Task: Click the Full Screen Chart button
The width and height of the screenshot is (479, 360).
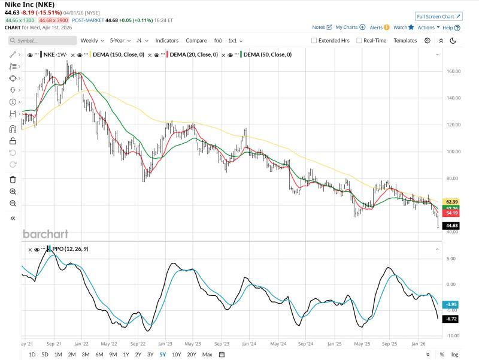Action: tap(438, 16)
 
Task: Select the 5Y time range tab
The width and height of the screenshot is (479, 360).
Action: tap(162, 355)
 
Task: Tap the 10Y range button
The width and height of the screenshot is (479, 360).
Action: tap(176, 355)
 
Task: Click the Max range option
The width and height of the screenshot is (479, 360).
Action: tap(207, 355)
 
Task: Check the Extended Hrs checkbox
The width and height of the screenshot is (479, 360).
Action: tap(314, 41)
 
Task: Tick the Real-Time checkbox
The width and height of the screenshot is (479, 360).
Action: tap(359, 41)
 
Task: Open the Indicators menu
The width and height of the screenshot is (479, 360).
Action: tap(167, 41)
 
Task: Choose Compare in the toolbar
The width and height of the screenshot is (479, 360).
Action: tap(196, 41)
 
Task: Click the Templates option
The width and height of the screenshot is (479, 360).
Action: tap(405, 41)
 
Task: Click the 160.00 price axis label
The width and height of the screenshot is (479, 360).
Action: tap(453, 71)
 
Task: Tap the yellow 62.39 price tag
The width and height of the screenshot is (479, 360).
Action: tap(452, 201)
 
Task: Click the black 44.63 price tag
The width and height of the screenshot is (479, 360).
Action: tap(452, 226)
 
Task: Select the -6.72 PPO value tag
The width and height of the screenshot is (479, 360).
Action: tap(452, 319)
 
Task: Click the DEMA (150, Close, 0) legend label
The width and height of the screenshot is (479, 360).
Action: tap(118, 55)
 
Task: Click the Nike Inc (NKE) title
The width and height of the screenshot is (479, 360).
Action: tap(29, 5)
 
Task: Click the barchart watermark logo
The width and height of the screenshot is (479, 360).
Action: tap(46, 234)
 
